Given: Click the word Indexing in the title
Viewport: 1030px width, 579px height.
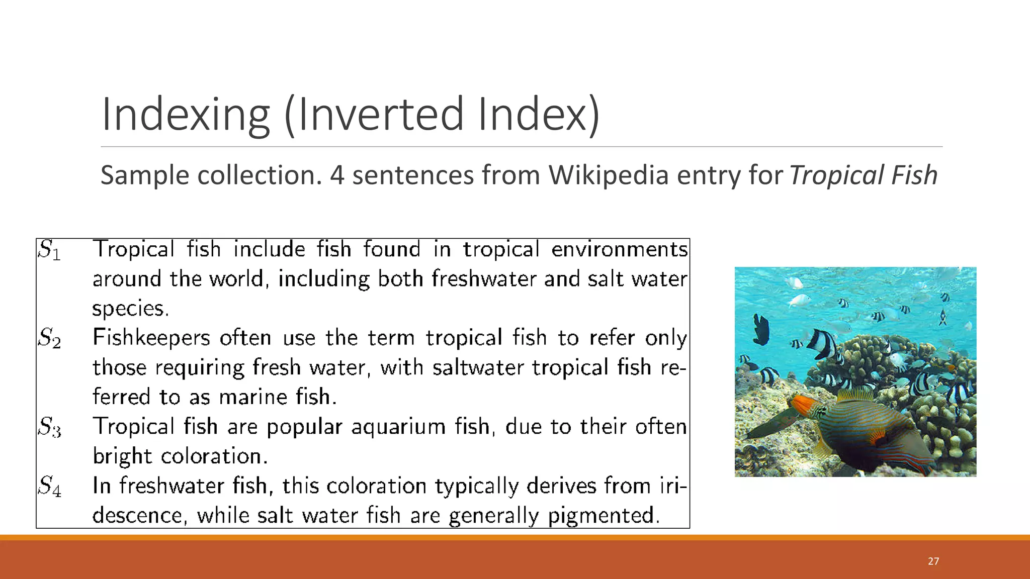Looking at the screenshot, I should (x=186, y=115).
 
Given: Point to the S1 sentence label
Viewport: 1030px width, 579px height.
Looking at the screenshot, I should (x=49, y=250).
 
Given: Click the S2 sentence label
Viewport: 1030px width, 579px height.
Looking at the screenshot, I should (x=49, y=338).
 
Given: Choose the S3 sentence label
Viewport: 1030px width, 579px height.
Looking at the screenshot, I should (x=49, y=427).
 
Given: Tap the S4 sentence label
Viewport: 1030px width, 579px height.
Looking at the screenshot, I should (x=49, y=486).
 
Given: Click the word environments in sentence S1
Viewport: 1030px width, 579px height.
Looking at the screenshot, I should (x=619, y=250).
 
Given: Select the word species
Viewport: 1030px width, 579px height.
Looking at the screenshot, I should (x=130, y=309).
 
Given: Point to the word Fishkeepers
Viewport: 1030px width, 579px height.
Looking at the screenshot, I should (x=151, y=338).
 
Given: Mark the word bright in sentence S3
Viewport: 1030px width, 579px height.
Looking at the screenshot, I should (x=122, y=456).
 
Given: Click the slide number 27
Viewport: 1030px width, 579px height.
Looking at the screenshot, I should (x=933, y=561).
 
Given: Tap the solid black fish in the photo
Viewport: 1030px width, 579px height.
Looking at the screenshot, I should (x=761, y=329).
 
